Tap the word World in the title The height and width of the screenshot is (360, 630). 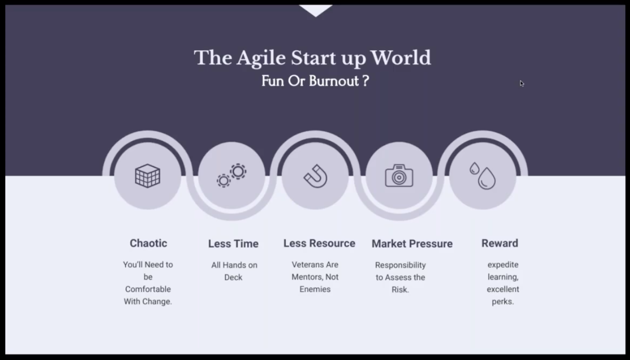[401, 58]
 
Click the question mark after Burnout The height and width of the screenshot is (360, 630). [366, 81]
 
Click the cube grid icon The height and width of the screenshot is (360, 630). [148, 176]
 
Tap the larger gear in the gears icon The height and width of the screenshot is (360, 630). [238, 171]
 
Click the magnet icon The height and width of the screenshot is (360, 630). [315, 176]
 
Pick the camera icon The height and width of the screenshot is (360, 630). [399, 175]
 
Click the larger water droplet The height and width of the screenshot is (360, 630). [487, 178]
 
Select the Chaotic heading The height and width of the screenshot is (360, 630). [148, 243]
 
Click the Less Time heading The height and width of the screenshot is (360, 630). [233, 244]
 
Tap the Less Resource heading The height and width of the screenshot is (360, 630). [319, 243]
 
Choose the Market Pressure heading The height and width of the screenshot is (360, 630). [412, 244]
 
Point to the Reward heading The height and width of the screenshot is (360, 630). [500, 243]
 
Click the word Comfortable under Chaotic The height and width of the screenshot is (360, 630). [148, 290]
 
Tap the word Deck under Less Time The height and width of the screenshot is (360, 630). [233, 278]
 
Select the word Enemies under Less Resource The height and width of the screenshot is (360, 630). [315, 290]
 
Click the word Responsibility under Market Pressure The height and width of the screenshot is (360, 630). [400, 266]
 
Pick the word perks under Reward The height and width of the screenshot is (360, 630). [503, 302]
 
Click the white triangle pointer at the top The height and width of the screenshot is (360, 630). [316, 10]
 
